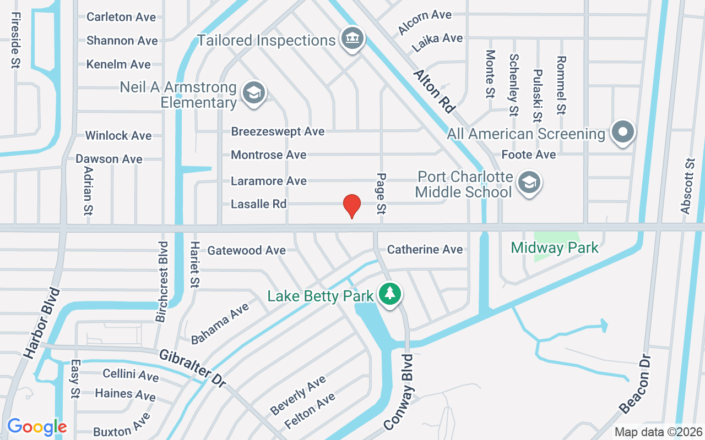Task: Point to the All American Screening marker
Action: (x=623, y=132)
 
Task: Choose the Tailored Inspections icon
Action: (x=350, y=38)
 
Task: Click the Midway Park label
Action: (x=555, y=248)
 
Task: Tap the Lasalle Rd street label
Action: (x=258, y=204)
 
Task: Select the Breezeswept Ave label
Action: (x=278, y=131)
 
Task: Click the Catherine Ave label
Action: (x=425, y=250)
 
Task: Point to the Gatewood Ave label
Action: (x=246, y=250)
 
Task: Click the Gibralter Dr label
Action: (x=192, y=368)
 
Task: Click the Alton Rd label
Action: (x=434, y=91)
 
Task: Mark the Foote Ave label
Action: (x=529, y=155)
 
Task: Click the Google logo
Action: (x=37, y=426)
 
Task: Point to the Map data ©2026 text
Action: (x=658, y=432)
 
